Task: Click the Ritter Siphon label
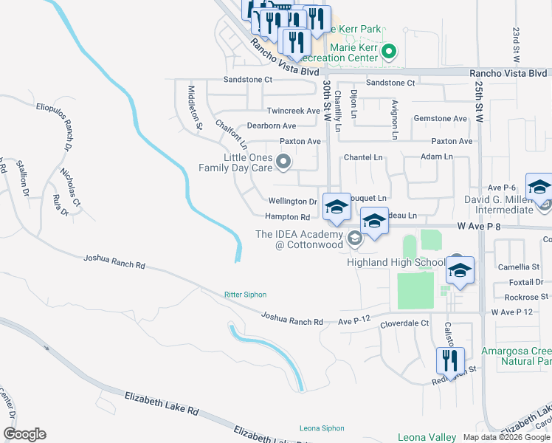[244, 295]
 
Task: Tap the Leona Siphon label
[322, 428]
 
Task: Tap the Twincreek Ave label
[293, 111]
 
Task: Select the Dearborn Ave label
[271, 126]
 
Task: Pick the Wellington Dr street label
[292, 201]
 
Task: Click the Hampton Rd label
[288, 217]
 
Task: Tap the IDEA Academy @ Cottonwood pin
[355, 238]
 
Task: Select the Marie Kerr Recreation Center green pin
[390, 52]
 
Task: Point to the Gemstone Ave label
[441, 118]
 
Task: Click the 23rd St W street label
[516, 47]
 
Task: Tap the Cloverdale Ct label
[404, 323]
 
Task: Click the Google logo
[24, 434]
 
